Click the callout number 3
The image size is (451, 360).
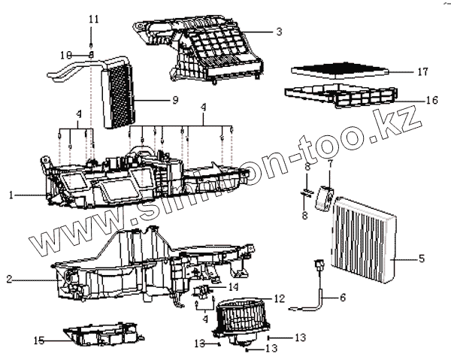point(279,32)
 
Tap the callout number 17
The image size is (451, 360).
point(422,72)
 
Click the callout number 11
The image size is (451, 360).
point(92,17)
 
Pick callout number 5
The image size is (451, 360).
point(422,259)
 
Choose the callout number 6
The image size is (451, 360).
point(342,298)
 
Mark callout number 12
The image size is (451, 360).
point(279,298)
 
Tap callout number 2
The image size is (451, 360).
point(9,280)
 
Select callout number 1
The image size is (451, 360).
point(12,195)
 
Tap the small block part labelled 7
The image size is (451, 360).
point(325,195)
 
